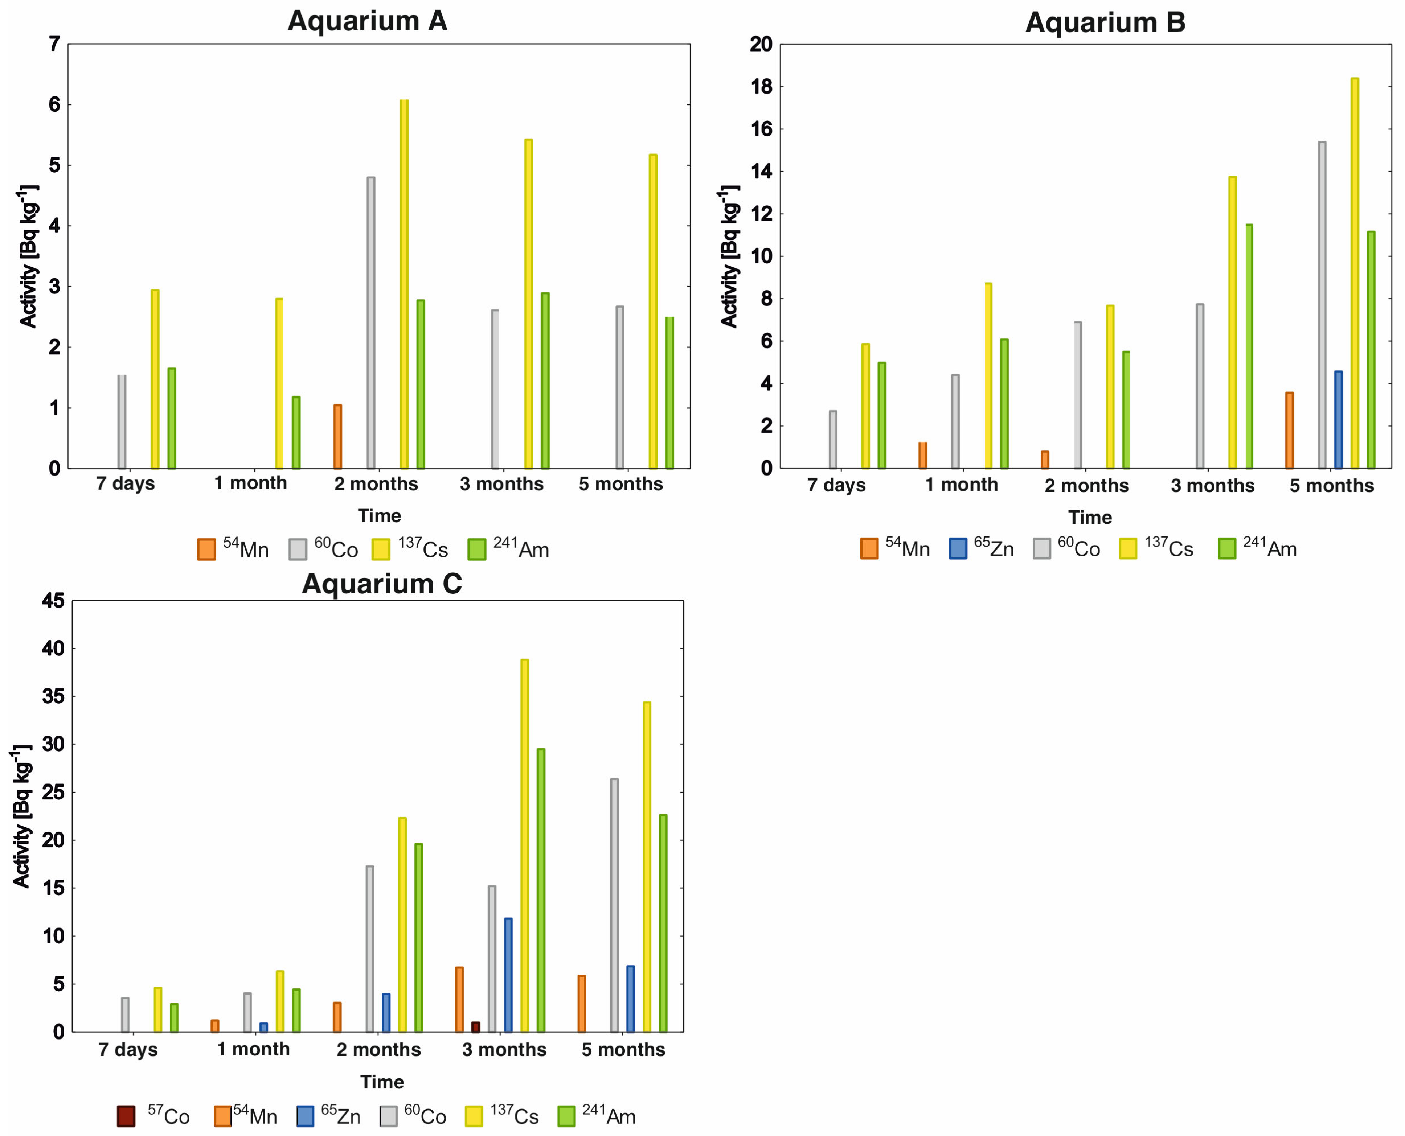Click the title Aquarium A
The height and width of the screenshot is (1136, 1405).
pos(367,21)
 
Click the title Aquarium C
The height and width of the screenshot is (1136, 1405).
pos(382,583)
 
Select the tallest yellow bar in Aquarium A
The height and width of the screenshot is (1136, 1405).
pos(404,283)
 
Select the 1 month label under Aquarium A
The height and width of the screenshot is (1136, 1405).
pos(251,483)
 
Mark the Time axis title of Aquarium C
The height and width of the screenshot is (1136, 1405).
pos(382,1082)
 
